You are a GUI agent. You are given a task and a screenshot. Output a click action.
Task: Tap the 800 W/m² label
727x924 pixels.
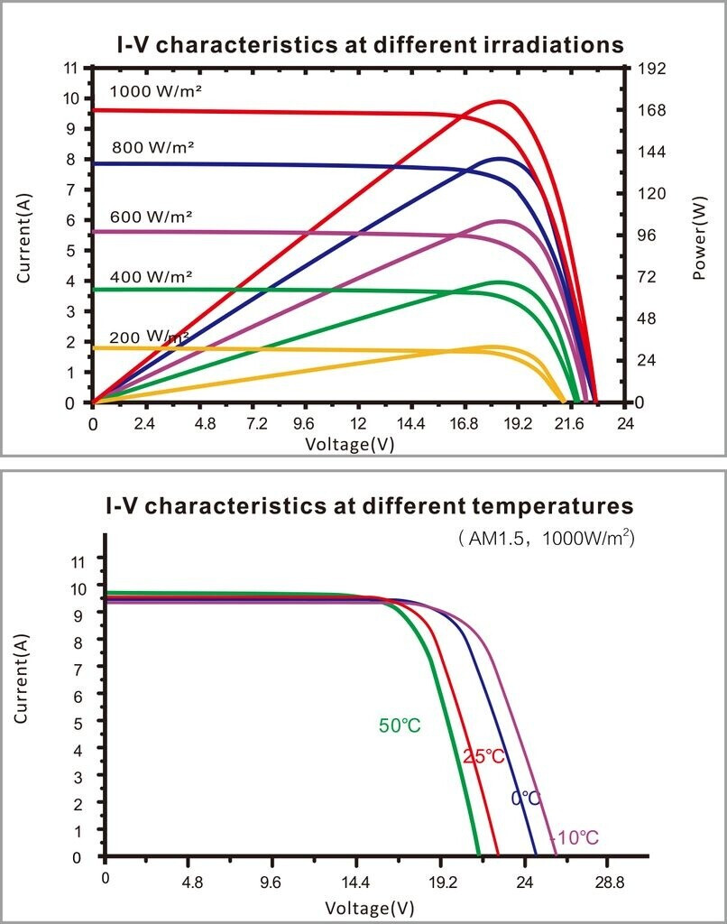point(152,146)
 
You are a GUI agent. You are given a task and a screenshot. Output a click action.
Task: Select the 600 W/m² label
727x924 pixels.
point(152,217)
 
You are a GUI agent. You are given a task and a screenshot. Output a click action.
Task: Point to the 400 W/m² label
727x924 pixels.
point(152,275)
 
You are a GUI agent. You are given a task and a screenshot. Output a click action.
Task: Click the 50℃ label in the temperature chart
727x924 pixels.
point(400,725)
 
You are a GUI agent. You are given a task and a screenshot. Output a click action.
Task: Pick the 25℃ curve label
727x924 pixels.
point(483,757)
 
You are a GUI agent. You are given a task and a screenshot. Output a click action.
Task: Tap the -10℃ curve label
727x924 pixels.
point(574,838)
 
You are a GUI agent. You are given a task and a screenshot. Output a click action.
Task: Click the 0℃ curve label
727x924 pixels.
point(526,799)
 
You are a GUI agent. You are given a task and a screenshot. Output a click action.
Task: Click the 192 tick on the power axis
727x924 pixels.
point(653,68)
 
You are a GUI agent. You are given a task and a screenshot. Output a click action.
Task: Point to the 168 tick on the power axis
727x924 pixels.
point(653,110)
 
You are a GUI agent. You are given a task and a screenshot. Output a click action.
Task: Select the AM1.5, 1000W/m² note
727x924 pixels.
point(547,539)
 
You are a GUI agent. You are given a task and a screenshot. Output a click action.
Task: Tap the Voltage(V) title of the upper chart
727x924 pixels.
point(350,443)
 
